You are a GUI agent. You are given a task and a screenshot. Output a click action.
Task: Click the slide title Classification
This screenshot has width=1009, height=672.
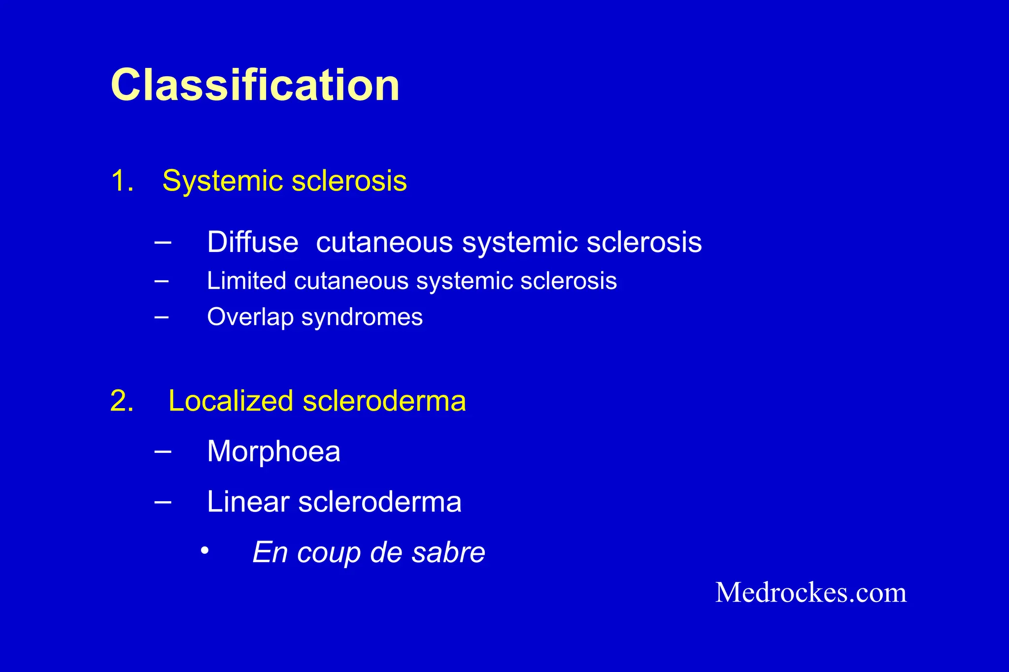pyautogui.click(x=255, y=85)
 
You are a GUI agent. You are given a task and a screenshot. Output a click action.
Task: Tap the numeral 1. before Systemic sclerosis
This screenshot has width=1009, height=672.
pyautogui.click(x=122, y=181)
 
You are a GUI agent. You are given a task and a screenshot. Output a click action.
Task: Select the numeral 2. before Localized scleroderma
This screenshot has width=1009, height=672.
pyautogui.click(x=122, y=400)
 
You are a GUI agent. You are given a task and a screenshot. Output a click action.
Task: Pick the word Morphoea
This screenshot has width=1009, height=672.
pyautogui.click(x=273, y=451)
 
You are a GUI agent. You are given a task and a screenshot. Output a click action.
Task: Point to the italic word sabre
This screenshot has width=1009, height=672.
pyautogui.click(x=448, y=552)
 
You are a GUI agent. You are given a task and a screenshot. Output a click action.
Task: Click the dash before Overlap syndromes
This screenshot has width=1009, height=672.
pyautogui.click(x=161, y=317)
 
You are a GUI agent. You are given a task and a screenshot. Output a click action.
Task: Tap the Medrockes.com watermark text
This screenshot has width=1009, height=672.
pyautogui.click(x=810, y=592)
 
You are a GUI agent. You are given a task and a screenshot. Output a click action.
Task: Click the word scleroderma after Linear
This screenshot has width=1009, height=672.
pyautogui.click(x=379, y=502)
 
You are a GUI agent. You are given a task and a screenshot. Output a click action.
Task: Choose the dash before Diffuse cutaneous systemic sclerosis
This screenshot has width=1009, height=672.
pyautogui.click(x=163, y=242)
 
